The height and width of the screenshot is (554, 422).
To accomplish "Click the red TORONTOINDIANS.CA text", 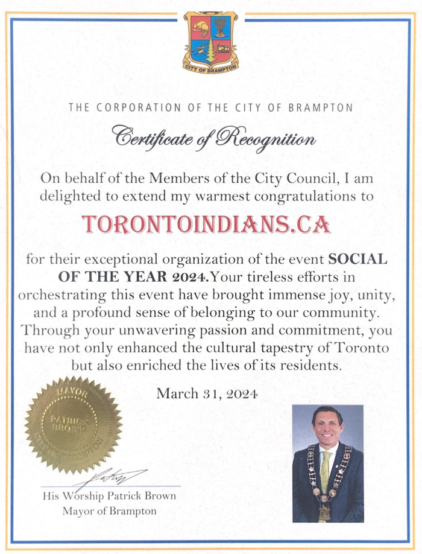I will click(x=207, y=224).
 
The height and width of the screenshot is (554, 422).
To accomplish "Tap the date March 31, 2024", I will click(x=207, y=394).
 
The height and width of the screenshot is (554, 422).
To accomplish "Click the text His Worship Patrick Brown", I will click(x=110, y=497).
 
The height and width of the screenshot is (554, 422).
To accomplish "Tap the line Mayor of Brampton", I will click(x=110, y=511).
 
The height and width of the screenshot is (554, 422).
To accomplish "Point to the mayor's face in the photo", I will click(x=326, y=427).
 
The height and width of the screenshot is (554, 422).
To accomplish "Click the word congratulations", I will click(x=312, y=196).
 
